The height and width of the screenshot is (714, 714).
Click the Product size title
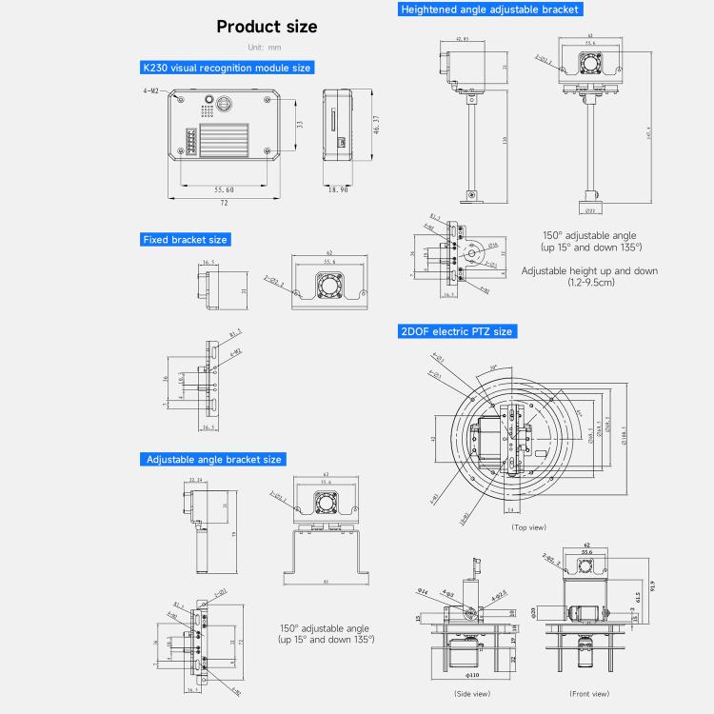coord(267,27)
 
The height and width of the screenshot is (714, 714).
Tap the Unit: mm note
coord(264,48)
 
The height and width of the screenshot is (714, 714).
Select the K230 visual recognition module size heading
coord(226,68)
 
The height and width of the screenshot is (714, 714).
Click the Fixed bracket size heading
coord(185,239)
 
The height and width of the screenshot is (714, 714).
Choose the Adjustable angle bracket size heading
coord(213,459)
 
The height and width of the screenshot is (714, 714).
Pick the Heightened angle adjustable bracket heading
coord(489,9)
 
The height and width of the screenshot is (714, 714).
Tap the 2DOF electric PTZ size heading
coord(456,331)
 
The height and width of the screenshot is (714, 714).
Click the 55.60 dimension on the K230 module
coord(224,189)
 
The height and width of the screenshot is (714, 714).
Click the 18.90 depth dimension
coord(338,189)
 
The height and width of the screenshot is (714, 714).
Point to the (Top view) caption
coord(528,526)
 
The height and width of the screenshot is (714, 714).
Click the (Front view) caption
coord(589,693)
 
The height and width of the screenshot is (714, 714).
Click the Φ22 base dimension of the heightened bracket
coord(589,209)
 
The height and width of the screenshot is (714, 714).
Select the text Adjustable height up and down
coord(589,270)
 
